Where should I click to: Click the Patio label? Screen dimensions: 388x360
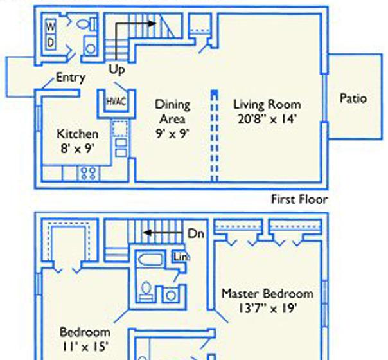coord(353,98)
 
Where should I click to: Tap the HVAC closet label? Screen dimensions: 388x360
coord(116,102)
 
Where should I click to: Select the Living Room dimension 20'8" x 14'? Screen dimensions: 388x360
coord(267,119)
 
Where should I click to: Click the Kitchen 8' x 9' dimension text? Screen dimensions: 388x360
coord(78,148)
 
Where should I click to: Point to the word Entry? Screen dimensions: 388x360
coord(71,78)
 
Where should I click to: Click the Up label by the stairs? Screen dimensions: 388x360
coord(117,69)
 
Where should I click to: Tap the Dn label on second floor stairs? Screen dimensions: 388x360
coord(196,233)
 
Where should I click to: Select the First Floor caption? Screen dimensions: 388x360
coord(299,199)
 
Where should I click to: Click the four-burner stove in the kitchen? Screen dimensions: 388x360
coord(89,173)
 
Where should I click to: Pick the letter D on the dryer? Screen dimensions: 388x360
coord(51,42)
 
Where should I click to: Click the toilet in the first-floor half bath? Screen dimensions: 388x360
coord(86,24)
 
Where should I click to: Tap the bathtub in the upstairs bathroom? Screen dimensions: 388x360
coord(150,260)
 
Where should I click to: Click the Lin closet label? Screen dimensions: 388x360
coord(181,257)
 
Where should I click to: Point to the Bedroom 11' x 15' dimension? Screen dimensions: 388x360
coord(85,346)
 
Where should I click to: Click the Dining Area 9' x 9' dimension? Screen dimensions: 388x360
coord(172,134)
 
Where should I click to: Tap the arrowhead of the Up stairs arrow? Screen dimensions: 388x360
coord(152,24)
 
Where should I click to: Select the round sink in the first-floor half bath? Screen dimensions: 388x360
coord(91,48)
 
